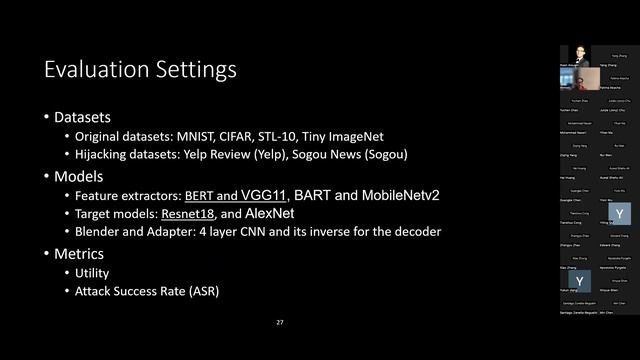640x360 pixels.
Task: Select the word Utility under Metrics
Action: [x=92, y=272]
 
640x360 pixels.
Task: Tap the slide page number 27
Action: [x=281, y=323]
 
